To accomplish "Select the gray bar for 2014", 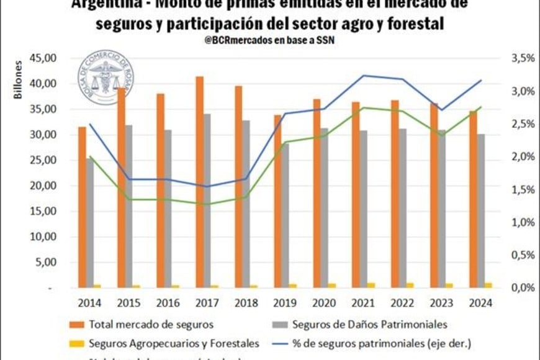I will tap(90, 223).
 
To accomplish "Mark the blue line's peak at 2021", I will tap(364, 75).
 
